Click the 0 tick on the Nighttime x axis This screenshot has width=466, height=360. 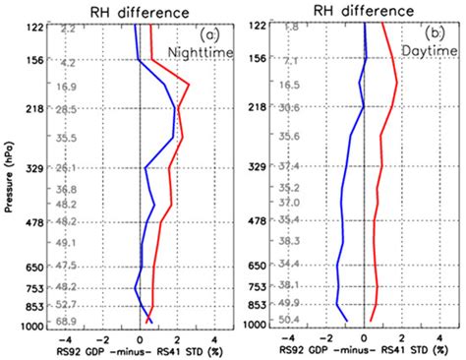click(x=141, y=335)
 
